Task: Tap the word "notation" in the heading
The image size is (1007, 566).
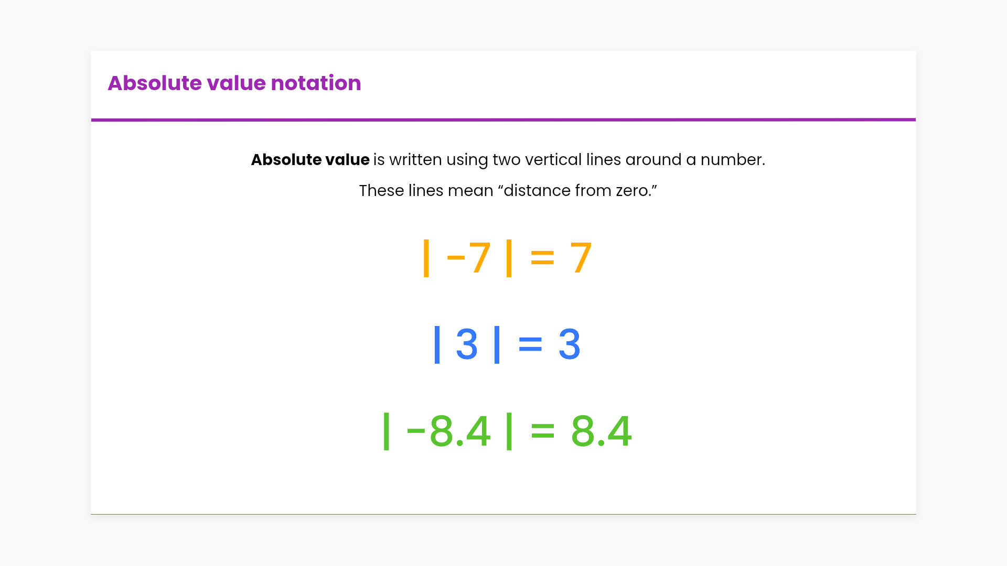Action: coord(316,83)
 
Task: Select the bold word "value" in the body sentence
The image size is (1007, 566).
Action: coord(347,159)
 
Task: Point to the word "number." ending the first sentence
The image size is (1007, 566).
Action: coord(733,159)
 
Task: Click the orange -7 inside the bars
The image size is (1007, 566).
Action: coord(468,258)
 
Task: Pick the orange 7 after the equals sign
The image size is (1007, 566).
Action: coord(581,258)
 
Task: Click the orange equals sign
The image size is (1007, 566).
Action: coord(542,258)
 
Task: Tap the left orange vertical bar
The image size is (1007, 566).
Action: coord(426,258)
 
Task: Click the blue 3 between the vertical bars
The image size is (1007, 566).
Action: coord(467,344)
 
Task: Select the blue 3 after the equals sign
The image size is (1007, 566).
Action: coord(570,344)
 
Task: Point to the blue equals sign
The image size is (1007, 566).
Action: coord(530,344)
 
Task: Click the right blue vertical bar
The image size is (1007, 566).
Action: coord(497,344)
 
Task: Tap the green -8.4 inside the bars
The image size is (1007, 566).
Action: coord(448,431)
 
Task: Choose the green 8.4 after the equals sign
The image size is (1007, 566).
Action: coord(601,431)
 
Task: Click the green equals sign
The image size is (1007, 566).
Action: coord(542,431)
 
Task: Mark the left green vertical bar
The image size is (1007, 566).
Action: coord(387,431)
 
